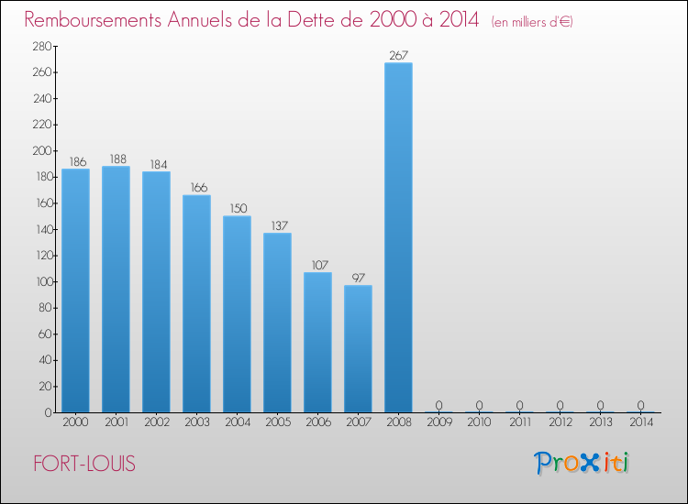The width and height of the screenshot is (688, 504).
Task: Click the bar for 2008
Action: (x=398, y=237)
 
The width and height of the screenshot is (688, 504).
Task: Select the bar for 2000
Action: (x=75, y=290)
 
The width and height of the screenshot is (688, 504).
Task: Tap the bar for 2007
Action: (x=358, y=348)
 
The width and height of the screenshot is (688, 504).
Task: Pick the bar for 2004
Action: (x=237, y=313)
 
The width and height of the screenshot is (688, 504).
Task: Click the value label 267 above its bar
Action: (x=398, y=55)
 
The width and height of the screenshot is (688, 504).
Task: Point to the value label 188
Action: (x=116, y=159)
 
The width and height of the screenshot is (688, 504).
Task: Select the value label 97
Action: (x=358, y=278)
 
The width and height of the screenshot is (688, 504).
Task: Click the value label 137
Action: (x=277, y=225)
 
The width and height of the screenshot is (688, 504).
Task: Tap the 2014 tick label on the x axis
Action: (x=640, y=423)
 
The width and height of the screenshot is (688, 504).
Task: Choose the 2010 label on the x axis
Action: (x=479, y=423)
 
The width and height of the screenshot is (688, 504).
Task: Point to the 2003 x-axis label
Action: (x=196, y=423)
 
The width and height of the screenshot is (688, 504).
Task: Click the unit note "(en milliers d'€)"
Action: (x=532, y=21)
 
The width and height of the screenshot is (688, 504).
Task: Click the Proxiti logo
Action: (x=583, y=463)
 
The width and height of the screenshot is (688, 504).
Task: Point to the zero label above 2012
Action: (x=560, y=405)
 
